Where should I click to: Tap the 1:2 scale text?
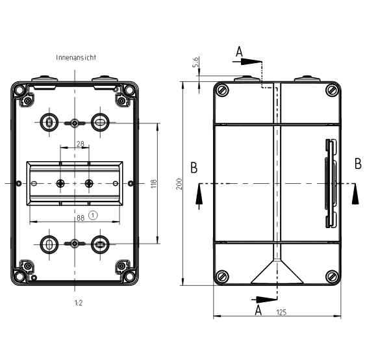(78, 303)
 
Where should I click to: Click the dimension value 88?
(81, 218)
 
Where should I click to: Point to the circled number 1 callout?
(93, 214)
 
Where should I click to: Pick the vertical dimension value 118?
(153, 185)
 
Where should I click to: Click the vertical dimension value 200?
(179, 185)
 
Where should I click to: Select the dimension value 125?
(281, 313)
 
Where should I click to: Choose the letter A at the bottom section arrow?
(258, 311)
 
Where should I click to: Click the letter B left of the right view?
(194, 168)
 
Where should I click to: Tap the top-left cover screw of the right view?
(223, 90)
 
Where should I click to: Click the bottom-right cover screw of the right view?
(332, 276)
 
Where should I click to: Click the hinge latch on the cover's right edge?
(331, 184)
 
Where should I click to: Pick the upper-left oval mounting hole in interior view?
(49, 121)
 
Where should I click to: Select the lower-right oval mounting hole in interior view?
(100, 244)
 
